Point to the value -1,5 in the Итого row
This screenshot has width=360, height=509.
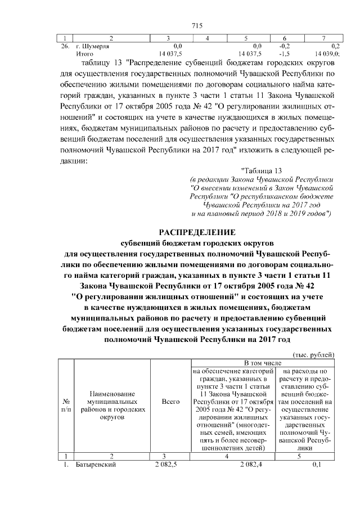pyautogui.click(x=285, y=54)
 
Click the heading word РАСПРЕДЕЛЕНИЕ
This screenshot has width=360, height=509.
pyautogui.click(x=196, y=232)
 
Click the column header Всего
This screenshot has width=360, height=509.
pyautogui.click(x=170, y=402)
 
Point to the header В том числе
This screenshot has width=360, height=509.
pyautogui.click(x=262, y=364)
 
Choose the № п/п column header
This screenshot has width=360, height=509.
pyautogui.click(x=66, y=406)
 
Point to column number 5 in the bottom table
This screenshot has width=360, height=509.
pyautogui.click(x=304, y=456)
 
